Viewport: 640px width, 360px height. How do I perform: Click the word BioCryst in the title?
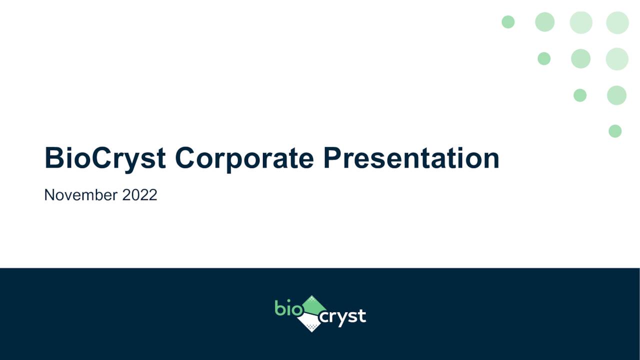[x=105, y=158]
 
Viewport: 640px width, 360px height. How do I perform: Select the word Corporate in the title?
[x=244, y=158]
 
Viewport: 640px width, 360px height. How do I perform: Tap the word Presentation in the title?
[x=411, y=158]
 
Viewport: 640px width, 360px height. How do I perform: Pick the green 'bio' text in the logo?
[x=288, y=308]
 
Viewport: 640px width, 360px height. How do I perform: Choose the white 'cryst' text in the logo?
[x=342, y=317]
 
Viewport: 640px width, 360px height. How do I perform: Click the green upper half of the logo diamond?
[x=313, y=304]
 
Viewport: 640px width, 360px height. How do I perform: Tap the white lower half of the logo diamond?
[x=310, y=322]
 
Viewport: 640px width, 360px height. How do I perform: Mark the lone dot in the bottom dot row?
[x=615, y=131]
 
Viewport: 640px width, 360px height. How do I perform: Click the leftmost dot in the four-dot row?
[x=508, y=22]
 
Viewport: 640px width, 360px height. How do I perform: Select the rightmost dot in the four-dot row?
[x=617, y=22]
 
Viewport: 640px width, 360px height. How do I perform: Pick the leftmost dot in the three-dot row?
[x=544, y=58]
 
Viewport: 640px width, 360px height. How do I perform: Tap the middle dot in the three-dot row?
[x=580, y=58]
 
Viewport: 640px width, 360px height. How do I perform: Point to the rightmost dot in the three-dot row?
[x=617, y=59]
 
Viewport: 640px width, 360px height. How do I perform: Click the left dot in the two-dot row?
[x=580, y=95]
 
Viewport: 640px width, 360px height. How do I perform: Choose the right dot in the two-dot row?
[x=616, y=95]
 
